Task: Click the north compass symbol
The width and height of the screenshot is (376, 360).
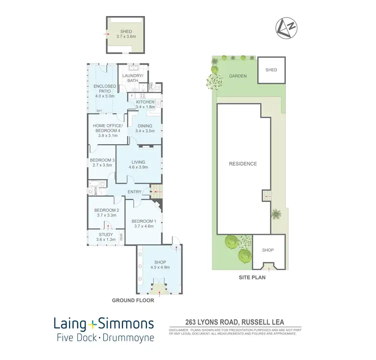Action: point(286,29)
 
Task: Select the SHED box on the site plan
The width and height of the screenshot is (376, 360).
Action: point(271,70)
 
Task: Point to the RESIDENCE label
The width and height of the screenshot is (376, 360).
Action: point(243,164)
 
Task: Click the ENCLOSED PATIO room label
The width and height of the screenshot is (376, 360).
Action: point(105,91)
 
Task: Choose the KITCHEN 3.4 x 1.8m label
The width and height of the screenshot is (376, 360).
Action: point(145,104)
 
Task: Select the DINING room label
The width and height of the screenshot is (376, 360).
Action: point(144,128)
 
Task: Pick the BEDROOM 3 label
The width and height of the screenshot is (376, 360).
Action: point(102,162)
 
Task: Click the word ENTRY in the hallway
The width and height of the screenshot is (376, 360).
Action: point(134,192)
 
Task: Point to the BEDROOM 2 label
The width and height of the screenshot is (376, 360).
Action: point(106,213)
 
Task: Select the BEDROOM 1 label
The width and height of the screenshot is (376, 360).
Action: point(143,223)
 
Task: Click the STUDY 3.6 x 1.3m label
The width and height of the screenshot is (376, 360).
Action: point(106,237)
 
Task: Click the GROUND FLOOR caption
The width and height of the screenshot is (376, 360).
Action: point(132,301)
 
